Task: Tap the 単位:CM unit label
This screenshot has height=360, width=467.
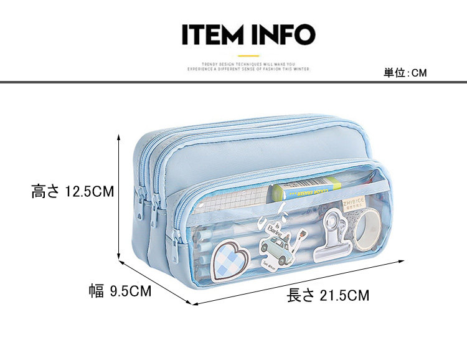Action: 405,73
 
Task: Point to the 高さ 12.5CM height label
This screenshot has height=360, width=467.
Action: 73,191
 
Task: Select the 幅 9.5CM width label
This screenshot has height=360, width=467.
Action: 120,291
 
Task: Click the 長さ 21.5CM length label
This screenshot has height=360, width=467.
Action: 328,295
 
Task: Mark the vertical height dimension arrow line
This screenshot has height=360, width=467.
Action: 119,198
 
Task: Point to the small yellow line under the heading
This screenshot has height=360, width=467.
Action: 248,54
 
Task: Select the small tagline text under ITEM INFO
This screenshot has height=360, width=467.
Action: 248,67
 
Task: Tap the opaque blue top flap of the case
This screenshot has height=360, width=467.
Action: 249,149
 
